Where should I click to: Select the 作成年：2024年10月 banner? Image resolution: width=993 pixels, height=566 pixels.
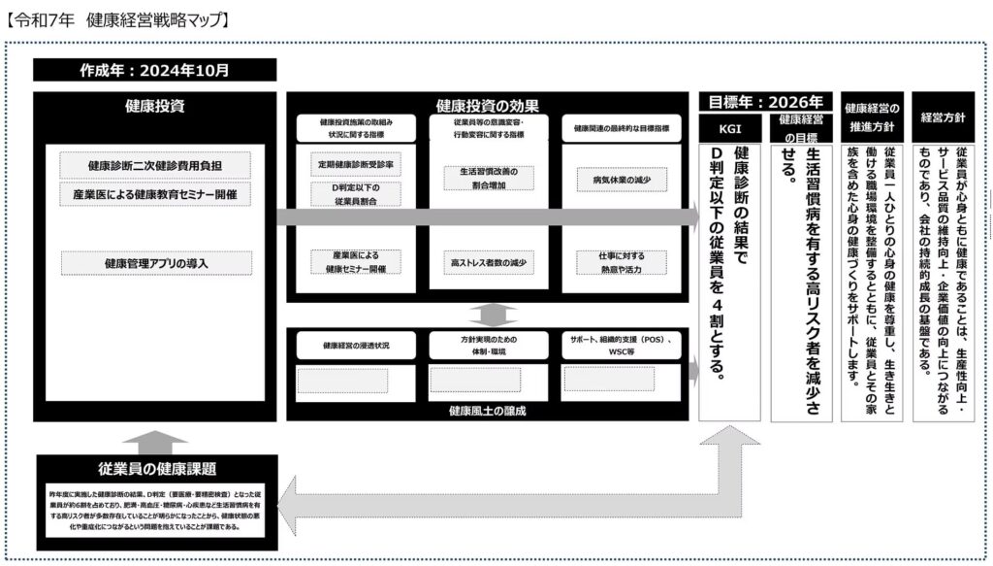coord(155,70)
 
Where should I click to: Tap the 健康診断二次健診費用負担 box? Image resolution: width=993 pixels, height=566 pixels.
coord(155,166)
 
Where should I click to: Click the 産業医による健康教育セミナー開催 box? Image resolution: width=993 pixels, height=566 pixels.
coord(155,194)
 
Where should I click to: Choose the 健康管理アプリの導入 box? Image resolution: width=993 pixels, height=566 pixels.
coord(155,263)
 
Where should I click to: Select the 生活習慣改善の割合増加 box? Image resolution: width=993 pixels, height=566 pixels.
coord(490,179)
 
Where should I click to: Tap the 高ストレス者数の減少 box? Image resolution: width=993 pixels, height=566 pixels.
coord(490,262)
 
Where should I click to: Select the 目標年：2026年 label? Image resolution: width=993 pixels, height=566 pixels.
coord(766,102)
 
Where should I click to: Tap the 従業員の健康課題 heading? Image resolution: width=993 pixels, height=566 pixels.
coord(155,468)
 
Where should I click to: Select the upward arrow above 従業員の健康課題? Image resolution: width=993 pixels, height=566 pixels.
coord(154,442)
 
